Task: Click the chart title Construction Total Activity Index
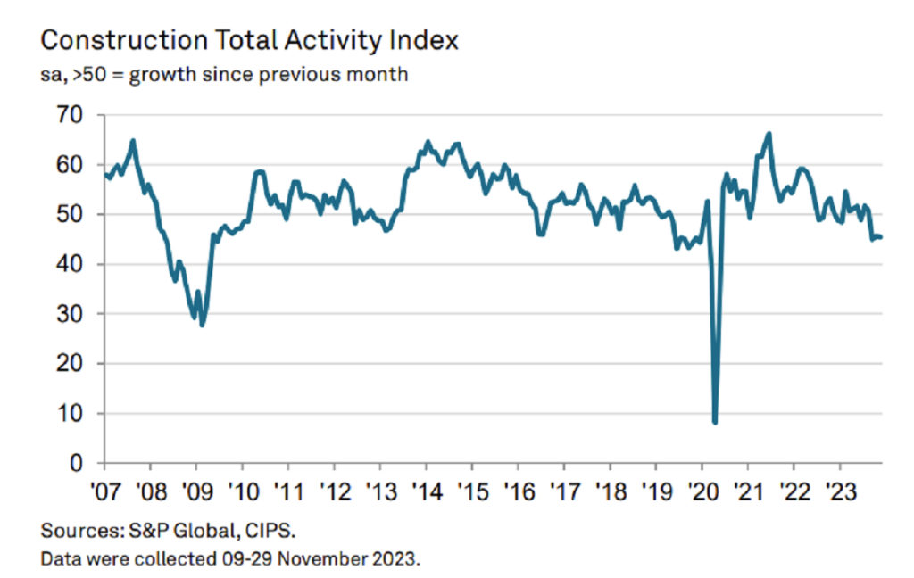click(249, 40)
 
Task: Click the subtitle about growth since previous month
click(224, 74)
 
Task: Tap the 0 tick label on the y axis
click(77, 464)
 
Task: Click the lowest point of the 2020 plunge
click(715, 421)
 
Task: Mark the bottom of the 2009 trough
click(203, 325)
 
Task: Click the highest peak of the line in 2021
click(769, 134)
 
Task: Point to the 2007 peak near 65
click(133, 140)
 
